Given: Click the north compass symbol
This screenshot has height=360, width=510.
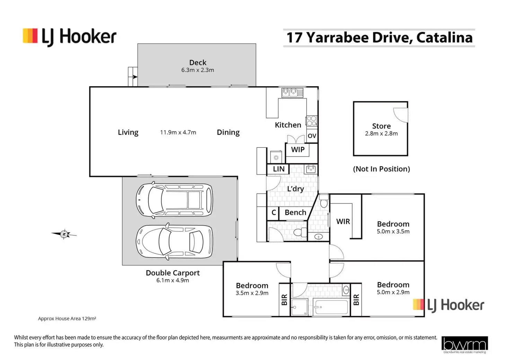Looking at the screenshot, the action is pos(64,234).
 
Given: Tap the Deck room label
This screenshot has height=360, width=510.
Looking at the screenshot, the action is pos(197,63).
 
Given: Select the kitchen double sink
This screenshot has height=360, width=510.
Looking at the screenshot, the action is pos(292,92).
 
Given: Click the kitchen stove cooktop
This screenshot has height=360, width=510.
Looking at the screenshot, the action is pos(311,120).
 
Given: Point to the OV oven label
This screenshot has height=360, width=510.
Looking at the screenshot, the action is pos(312,136).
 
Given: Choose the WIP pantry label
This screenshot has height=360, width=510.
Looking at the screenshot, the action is pos(298,150).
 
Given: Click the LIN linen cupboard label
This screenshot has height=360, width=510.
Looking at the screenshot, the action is pos(279,169).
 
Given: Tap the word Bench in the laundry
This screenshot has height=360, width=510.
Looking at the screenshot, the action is pos(295,213).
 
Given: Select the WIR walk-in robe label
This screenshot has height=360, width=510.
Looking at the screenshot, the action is pos(343,222).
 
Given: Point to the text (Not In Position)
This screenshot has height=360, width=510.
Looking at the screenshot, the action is pos(381,169).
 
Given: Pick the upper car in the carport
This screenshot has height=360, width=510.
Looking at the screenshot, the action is pos(174,200).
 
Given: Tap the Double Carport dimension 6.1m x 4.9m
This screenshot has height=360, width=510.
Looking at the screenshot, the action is pos(173,280).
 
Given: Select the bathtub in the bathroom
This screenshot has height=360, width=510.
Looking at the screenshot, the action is pos(331,307).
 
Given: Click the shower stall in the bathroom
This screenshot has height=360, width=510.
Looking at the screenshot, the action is pos(299,307).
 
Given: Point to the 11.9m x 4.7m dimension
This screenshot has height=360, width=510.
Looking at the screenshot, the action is pos(178,132).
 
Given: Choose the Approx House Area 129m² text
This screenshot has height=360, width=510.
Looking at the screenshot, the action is pos(67,318).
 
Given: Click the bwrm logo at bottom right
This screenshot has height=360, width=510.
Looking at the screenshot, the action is pos(464,344).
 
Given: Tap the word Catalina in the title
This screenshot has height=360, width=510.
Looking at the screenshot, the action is pos(444,37).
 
